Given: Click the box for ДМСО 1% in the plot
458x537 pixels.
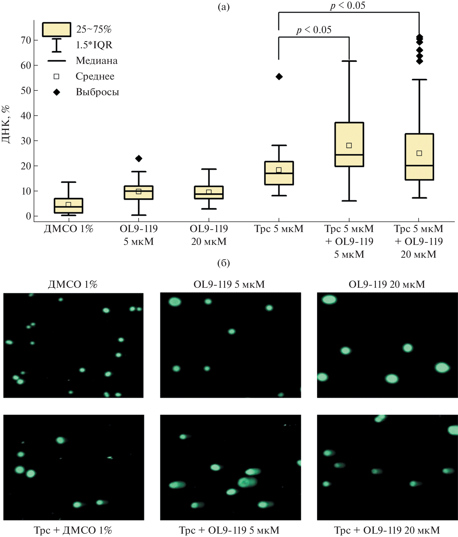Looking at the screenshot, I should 68,206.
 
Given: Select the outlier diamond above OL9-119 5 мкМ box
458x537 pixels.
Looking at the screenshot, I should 139,158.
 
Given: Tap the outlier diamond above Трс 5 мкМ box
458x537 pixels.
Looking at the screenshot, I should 279,77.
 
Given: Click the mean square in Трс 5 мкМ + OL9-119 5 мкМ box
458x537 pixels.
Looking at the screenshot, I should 349,145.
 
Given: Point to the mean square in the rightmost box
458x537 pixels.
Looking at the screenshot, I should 419,153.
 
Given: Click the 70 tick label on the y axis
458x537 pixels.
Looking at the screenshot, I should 26,41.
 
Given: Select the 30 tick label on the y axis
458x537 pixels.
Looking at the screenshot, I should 26,141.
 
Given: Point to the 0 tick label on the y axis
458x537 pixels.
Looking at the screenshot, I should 28,216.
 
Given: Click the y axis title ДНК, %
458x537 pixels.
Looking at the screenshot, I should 6,124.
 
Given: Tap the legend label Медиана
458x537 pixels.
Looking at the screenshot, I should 97,61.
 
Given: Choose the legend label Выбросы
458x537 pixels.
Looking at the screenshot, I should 97,92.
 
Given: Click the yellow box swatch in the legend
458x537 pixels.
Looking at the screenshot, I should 56,30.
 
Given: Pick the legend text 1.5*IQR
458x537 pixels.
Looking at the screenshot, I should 94,45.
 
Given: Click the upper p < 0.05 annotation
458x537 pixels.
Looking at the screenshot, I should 348,6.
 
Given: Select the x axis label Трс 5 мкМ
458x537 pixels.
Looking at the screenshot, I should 279,229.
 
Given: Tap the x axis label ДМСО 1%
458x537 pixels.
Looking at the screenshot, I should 68,229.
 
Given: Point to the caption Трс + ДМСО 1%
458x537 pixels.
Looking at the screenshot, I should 73,530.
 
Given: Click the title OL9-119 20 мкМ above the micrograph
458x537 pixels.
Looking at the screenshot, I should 387,285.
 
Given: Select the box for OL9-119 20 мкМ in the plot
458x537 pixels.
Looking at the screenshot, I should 209,193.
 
